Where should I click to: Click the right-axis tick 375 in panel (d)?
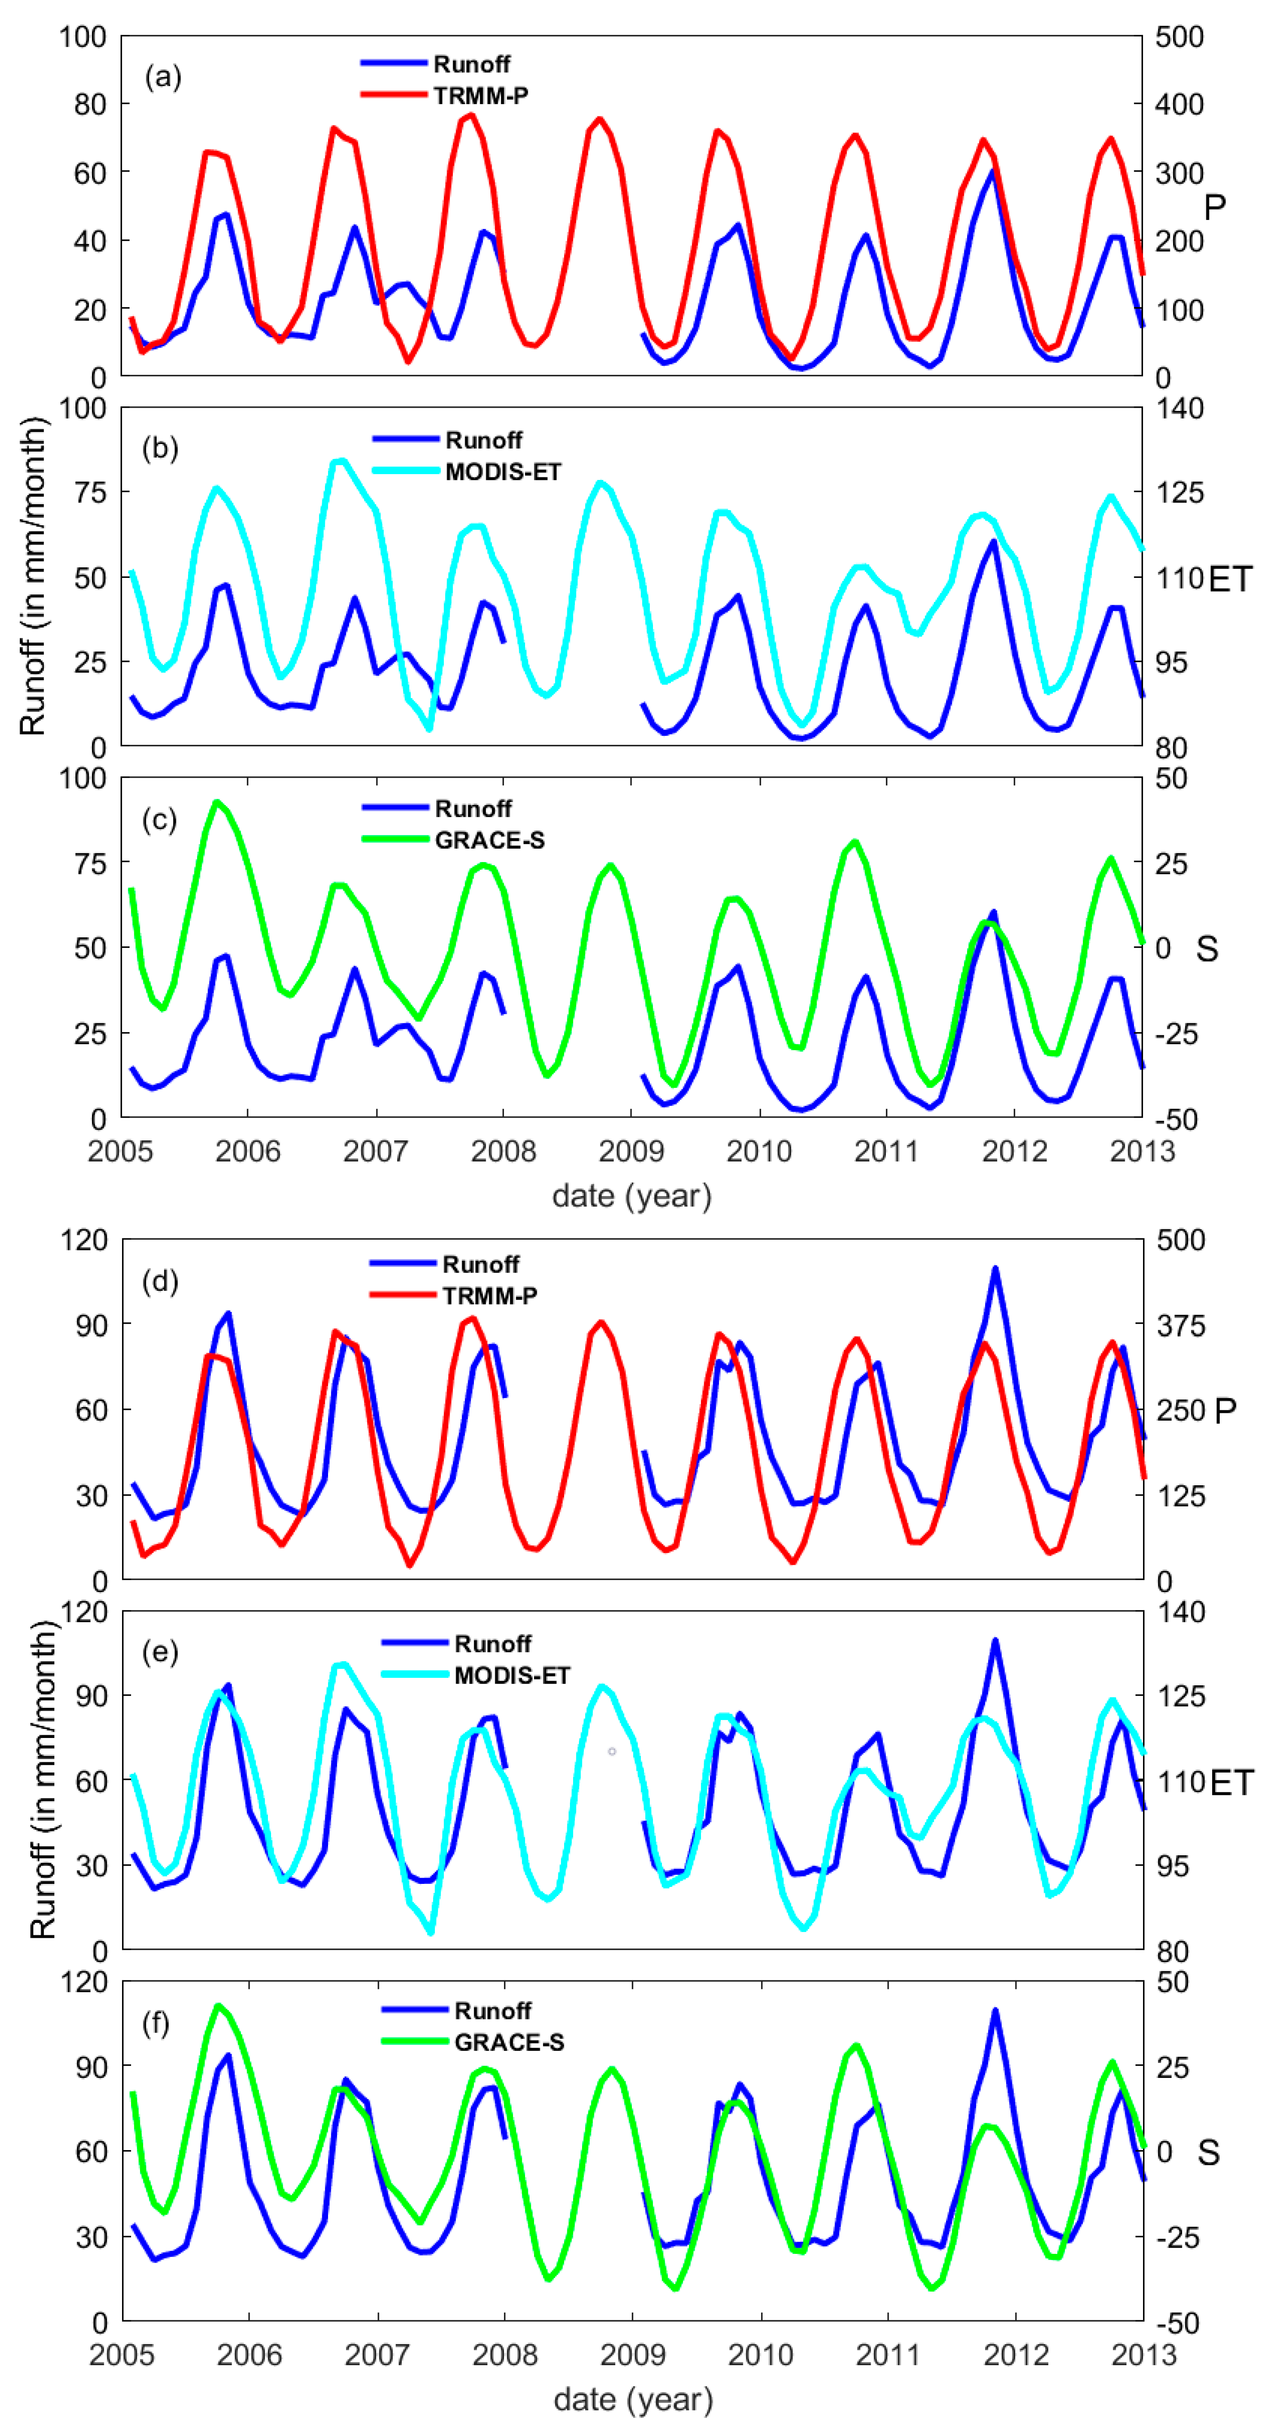click(x=1180, y=1325)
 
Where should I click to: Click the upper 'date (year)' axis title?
click(x=631, y=1196)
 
